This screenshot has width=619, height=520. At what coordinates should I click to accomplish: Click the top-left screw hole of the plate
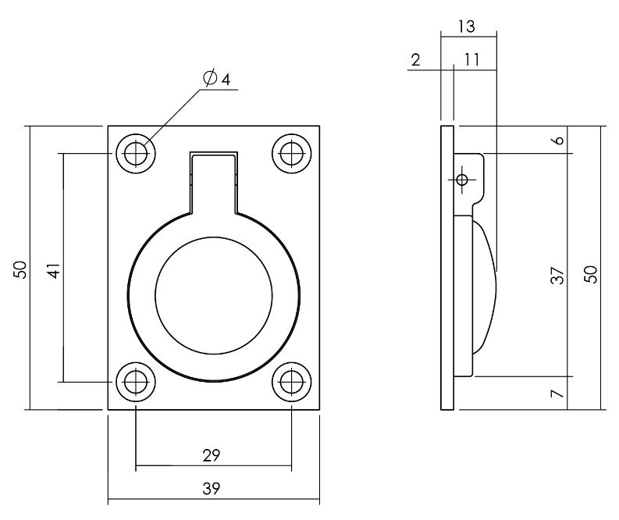136,152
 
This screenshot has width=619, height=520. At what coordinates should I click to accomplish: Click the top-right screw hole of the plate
292,152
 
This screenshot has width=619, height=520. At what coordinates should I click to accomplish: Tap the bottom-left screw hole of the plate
136,382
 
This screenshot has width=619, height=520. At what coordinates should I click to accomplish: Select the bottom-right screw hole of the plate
292,382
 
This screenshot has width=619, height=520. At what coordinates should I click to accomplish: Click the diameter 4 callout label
216,78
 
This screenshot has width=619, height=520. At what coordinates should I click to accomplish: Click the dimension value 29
211,454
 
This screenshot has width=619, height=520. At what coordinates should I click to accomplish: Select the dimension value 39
211,489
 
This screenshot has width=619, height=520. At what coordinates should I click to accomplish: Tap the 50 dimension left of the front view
21,269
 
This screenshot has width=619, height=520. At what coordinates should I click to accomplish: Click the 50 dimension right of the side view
591,273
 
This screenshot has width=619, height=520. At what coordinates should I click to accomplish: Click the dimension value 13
467,26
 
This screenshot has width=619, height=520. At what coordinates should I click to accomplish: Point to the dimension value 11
471,59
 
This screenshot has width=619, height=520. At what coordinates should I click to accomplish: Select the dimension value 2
416,59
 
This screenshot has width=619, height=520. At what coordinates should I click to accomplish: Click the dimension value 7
557,394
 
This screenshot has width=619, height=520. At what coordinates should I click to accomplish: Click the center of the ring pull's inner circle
214,294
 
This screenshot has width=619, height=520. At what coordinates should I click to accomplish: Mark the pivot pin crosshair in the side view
462,180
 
